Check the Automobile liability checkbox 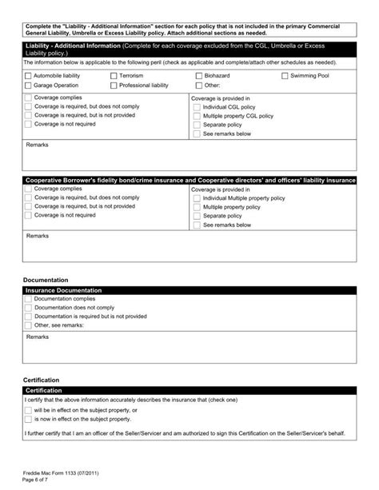click(28, 75)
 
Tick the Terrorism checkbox click(114, 75)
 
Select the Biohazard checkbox click(198, 75)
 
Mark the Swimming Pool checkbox click(285, 75)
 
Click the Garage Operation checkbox click(28, 85)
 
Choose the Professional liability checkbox click(114, 85)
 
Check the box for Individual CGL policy click(197, 106)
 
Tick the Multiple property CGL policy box click(197, 116)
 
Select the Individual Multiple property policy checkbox click(197, 197)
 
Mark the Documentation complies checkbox click(28, 298)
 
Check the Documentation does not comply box click(28, 307)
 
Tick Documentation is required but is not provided click(28, 317)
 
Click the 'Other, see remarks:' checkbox click(28, 325)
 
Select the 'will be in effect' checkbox click(28, 410)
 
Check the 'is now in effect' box click(28, 419)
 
